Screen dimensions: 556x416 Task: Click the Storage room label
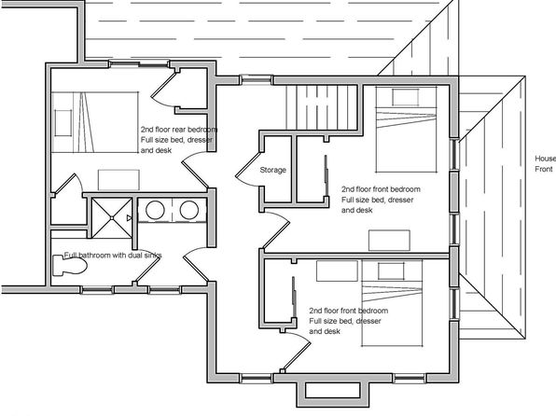click(272, 170)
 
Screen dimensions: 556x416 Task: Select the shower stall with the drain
click(112, 217)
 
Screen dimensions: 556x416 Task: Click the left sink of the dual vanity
click(155, 210)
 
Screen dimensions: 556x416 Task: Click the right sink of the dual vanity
click(189, 210)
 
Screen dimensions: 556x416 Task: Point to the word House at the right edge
click(545, 159)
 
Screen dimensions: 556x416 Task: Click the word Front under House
click(544, 169)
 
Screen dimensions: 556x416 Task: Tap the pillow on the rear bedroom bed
click(63, 123)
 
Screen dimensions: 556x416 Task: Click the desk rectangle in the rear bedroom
click(118, 180)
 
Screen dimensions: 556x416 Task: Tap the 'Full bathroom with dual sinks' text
click(113, 255)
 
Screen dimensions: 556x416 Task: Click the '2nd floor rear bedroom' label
click(179, 130)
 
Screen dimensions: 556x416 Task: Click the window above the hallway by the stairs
click(256, 80)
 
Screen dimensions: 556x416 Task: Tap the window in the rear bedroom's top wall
click(139, 64)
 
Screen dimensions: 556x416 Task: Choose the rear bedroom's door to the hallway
click(195, 170)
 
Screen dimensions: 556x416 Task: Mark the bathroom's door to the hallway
click(196, 264)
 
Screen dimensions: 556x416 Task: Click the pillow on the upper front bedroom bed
click(405, 97)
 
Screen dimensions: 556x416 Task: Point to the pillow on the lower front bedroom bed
click(391, 271)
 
